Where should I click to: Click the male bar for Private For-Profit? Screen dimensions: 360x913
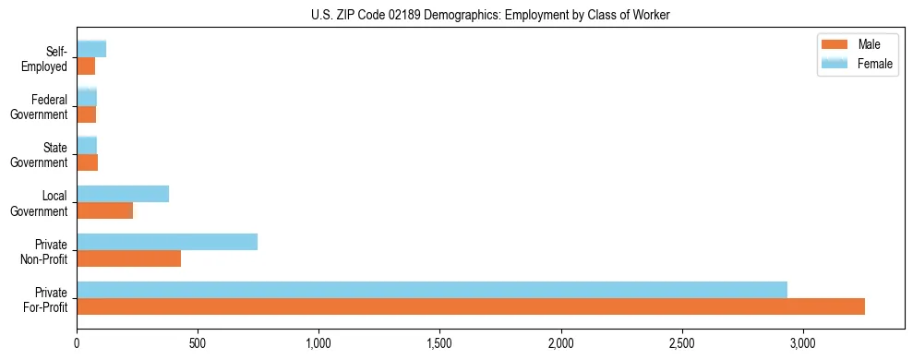point(471,306)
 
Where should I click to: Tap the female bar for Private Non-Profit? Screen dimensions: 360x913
point(167,242)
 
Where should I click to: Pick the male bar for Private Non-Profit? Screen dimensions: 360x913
point(128,258)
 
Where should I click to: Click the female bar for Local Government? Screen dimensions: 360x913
point(123,194)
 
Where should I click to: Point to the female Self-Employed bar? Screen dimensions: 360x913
point(91,49)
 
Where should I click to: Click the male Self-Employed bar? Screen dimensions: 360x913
point(86,66)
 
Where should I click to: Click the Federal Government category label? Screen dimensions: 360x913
point(39,107)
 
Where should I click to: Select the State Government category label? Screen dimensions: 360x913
point(39,155)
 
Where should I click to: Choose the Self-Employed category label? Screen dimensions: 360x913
point(44,59)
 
